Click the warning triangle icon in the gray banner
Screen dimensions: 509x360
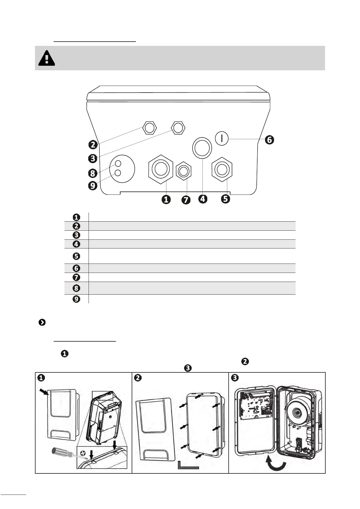point(47,58)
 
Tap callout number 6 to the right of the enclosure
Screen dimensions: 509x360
point(269,140)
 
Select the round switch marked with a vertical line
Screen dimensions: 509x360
point(222,138)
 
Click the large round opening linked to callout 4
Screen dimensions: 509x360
point(202,147)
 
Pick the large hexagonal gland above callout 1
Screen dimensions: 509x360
point(161,169)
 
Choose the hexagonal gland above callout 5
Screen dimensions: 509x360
point(222,169)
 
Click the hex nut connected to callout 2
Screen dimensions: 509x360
point(149,128)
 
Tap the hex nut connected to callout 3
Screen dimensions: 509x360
point(178,128)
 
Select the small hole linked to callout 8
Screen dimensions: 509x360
point(118,164)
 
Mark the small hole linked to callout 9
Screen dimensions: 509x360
point(118,173)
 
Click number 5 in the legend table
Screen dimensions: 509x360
point(77,256)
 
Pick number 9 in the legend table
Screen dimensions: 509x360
point(77,299)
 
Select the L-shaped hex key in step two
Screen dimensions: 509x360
point(188,465)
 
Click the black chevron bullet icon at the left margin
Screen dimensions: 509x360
point(42,323)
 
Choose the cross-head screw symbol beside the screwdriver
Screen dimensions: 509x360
point(83,453)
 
